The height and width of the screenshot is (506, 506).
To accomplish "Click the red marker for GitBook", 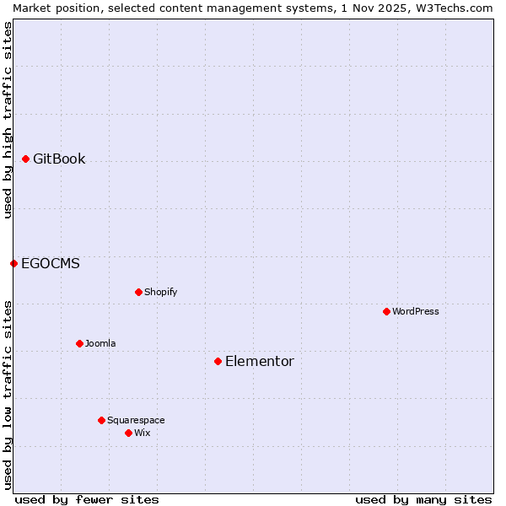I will [25, 159].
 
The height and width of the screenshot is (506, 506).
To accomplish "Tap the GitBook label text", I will [59, 159].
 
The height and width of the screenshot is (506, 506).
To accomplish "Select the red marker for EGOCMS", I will [13, 263].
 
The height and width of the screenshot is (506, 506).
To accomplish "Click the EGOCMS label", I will [51, 264].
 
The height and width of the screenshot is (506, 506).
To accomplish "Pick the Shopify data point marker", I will [138, 292].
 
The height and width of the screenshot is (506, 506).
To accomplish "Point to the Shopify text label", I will [160, 293].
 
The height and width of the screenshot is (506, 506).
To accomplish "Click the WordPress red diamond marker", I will [386, 311].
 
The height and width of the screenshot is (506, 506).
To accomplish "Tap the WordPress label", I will [415, 312].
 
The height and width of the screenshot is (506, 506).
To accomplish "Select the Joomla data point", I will [79, 343].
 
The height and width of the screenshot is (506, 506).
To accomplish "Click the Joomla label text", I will [100, 344].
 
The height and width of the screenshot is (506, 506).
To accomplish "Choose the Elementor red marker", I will [218, 361].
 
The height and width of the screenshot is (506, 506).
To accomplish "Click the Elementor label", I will [260, 362].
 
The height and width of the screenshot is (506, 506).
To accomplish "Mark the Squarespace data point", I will [101, 420].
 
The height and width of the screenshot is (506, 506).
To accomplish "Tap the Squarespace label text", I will [136, 421].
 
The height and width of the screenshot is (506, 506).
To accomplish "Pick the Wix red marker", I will [128, 433].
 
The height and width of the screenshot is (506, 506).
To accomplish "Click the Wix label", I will [142, 433].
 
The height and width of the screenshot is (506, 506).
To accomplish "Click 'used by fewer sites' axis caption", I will [87, 499].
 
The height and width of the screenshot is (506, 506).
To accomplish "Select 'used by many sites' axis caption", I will [423, 499].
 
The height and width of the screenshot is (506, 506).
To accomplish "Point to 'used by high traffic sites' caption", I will [8, 120].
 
